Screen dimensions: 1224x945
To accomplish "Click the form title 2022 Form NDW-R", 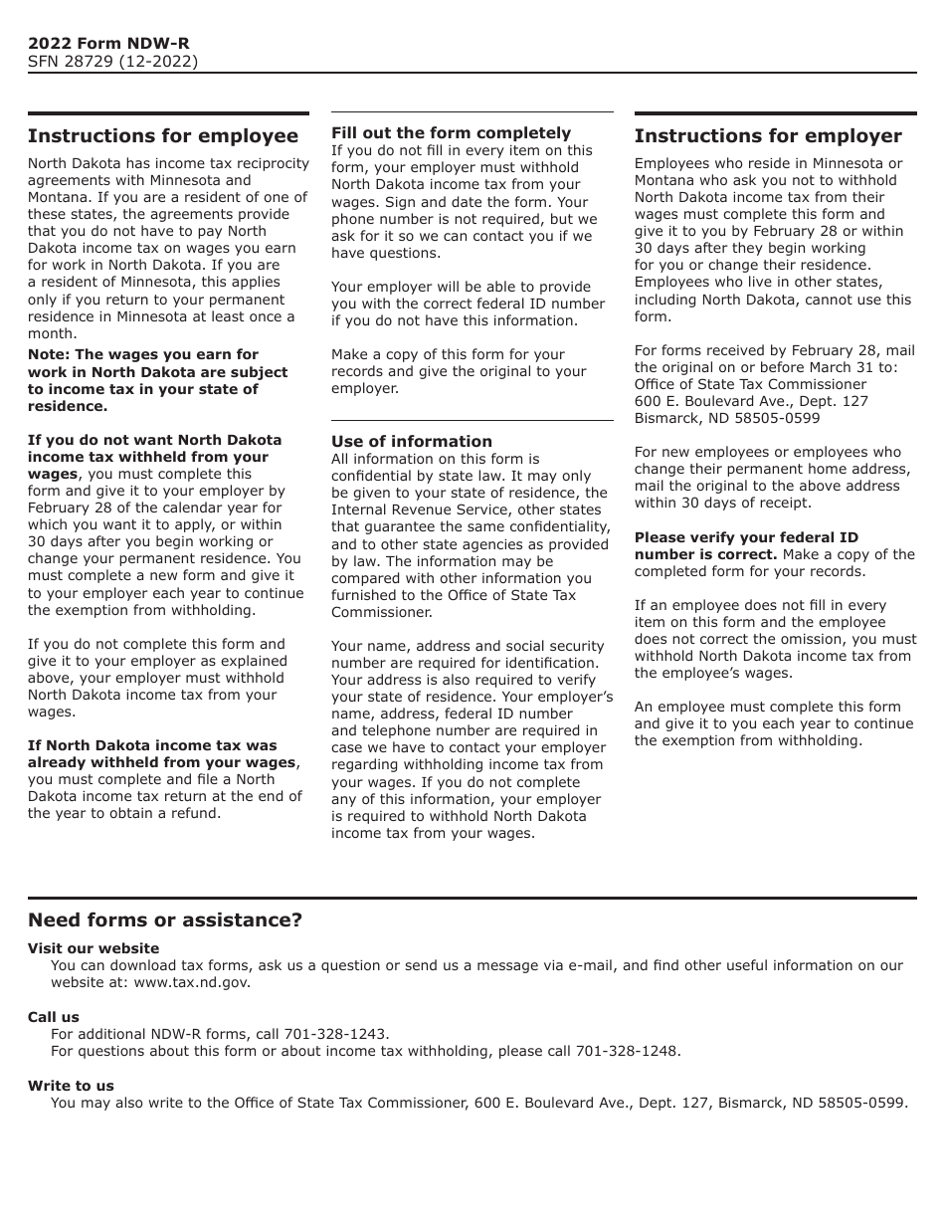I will coord(108,43).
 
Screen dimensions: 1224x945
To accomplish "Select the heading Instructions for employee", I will coord(163,136).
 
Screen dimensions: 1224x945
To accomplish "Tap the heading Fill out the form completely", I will coord(451,133).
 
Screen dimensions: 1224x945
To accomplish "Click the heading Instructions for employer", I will coord(768,136).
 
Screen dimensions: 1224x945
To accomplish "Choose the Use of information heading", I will coord(411,442).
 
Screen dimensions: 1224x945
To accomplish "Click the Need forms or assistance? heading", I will coord(165,920).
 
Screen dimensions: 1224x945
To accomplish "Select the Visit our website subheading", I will coord(94,948).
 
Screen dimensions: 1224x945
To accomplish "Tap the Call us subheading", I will coord(54,1017).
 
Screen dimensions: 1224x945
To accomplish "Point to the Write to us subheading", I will coord(71,1086).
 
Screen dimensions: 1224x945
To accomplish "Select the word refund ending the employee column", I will coord(194,813).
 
